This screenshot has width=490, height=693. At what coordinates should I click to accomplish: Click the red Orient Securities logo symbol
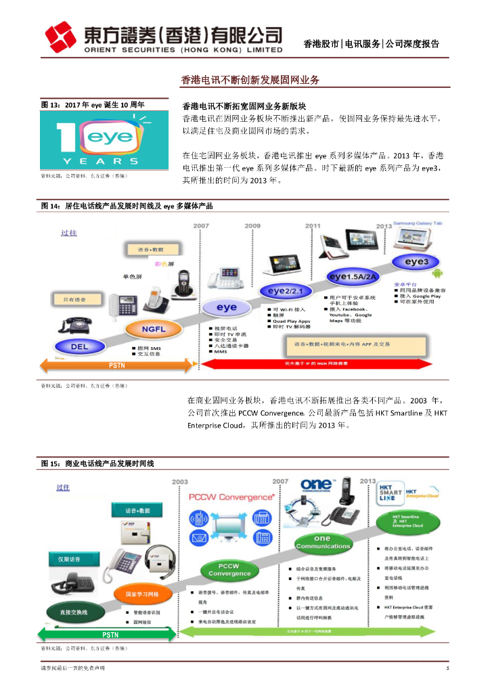pyautogui.click(x=60, y=37)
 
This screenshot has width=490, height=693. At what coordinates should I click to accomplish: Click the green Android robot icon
pyautogui.click(x=437, y=273)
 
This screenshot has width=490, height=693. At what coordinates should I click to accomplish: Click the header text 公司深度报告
pyautogui.click(x=412, y=44)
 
